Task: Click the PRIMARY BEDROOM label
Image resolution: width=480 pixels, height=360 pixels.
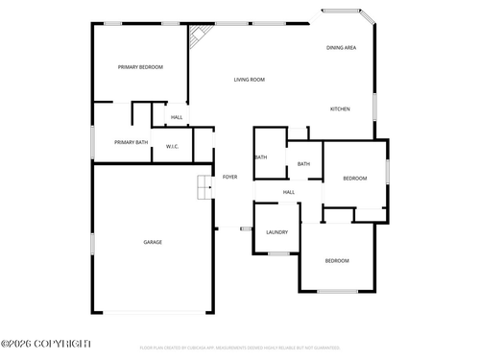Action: (x=140, y=67)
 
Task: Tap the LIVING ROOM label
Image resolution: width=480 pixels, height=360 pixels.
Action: (x=250, y=80)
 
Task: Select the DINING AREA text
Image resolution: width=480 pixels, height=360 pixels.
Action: (x=342, y=47)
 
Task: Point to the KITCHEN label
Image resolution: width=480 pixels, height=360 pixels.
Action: (x=340, y=108)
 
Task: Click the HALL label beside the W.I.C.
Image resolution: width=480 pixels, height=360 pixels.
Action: (x=177, y=118)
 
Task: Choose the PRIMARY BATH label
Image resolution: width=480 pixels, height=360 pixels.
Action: (x=131, y=142)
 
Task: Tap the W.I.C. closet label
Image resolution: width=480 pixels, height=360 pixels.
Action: (x=173, y=146)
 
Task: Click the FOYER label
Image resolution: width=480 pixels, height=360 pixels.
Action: (x=230, y=177)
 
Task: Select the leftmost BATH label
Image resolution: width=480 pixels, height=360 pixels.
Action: (x=260, y=156)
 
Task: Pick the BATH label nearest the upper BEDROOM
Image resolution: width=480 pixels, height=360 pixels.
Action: (x=303, y=164)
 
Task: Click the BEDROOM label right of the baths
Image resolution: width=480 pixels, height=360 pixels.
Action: (x=355, y=178)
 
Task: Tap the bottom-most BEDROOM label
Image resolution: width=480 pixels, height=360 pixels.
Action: (x=336, y=261)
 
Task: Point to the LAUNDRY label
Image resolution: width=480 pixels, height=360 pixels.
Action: (x=277, y=232)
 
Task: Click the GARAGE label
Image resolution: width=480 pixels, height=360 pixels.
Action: (x=153, y=242)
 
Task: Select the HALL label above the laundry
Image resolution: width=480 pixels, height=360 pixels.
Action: (x=289, y=192)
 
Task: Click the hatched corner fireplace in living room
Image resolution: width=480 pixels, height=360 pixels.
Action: (x=199, y=37)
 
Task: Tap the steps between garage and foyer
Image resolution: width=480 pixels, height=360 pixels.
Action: (x=204, y=188)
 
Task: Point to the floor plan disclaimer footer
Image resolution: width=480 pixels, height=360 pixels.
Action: (x=240, y=348)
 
